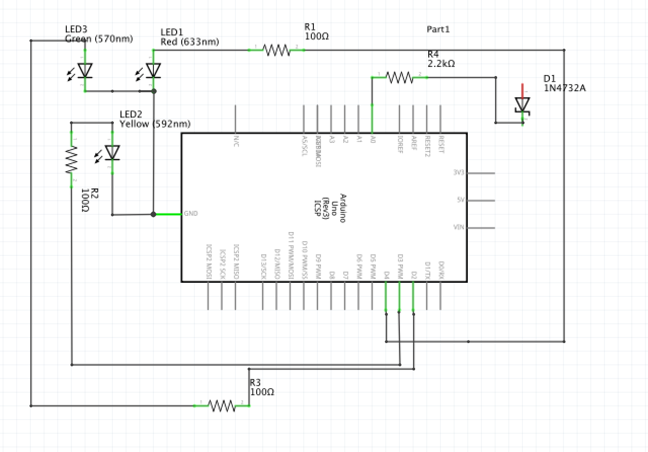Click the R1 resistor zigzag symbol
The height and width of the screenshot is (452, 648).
coord(276,50)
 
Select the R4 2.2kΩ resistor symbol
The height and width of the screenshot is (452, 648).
coord(399,77)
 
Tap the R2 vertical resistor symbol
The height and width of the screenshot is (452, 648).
coord(71,160)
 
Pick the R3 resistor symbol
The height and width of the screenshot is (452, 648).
coord(222,405)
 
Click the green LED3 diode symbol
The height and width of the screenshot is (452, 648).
coord(85,71)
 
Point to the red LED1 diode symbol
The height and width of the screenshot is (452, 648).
coord(152,71)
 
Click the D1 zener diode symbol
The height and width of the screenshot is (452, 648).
coord(522,105)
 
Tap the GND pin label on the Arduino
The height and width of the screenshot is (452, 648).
coord(191,214)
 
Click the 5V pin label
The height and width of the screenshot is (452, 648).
coord(460,200)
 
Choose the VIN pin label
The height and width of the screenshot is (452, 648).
coord(459,228)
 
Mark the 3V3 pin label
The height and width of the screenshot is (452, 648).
coord(459,173)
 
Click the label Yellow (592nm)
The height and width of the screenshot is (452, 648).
coord(155,124)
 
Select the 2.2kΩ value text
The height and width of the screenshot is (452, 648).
coord(441,64)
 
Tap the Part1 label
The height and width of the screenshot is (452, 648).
coord(438,29)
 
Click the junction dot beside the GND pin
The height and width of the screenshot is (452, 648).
coord(153,214)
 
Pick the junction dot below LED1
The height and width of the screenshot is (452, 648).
coord(154,91)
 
